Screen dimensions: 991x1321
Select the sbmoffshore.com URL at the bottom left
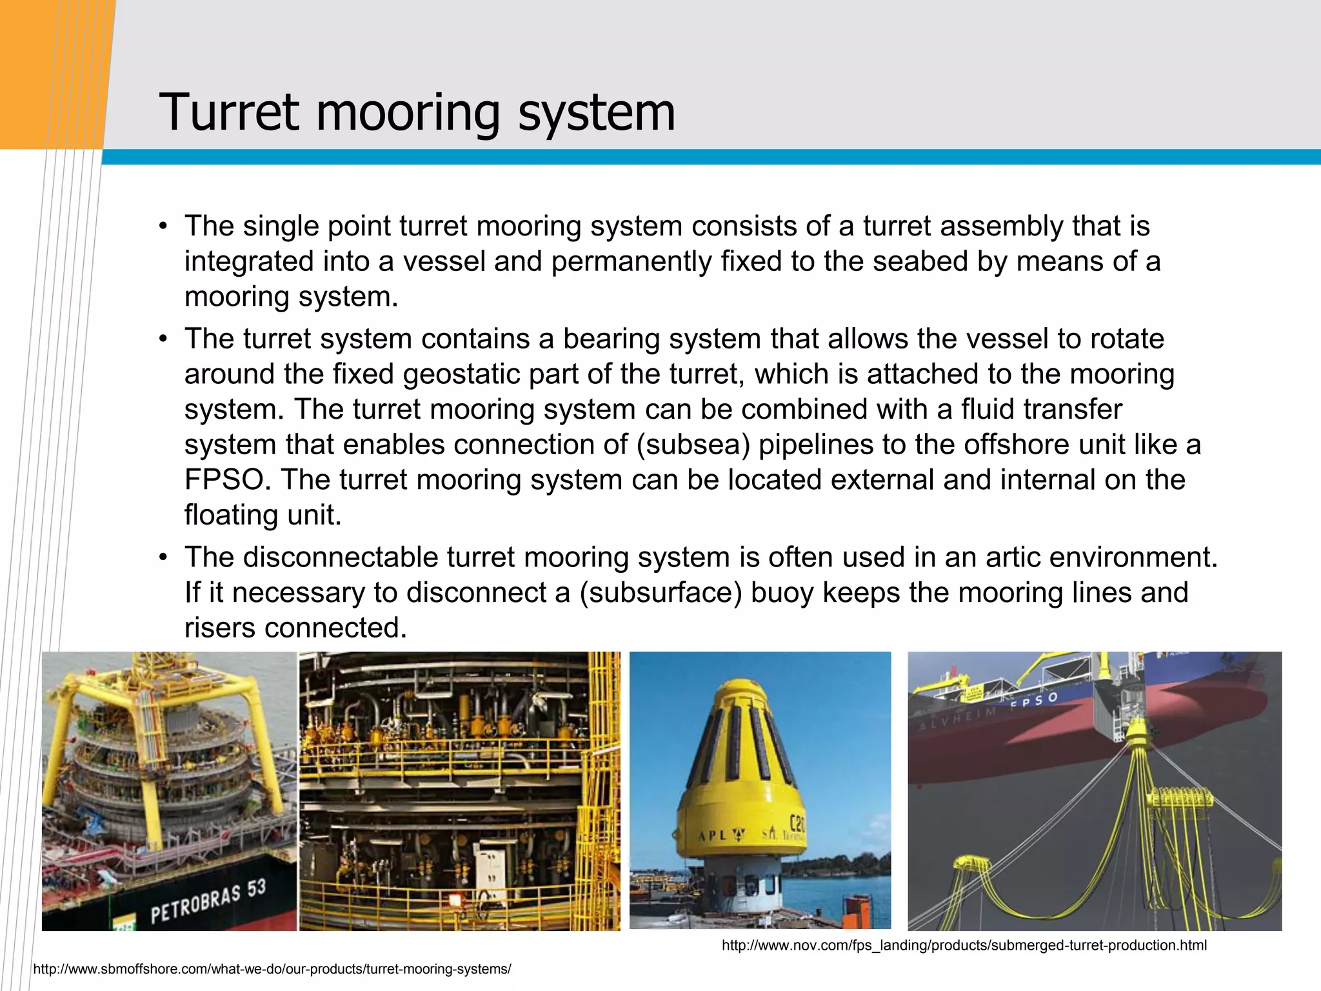point(272,970)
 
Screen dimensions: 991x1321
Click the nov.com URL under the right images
point(964,946)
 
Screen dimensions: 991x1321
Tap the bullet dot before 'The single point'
point(164,227)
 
